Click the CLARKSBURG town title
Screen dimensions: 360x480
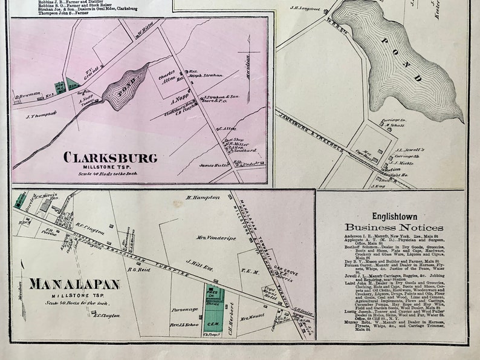coord(110,158)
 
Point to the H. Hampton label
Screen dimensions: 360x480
coord(200,197)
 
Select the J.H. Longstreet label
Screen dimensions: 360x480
coord(303,8)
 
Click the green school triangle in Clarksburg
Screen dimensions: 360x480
coord(72,82)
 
